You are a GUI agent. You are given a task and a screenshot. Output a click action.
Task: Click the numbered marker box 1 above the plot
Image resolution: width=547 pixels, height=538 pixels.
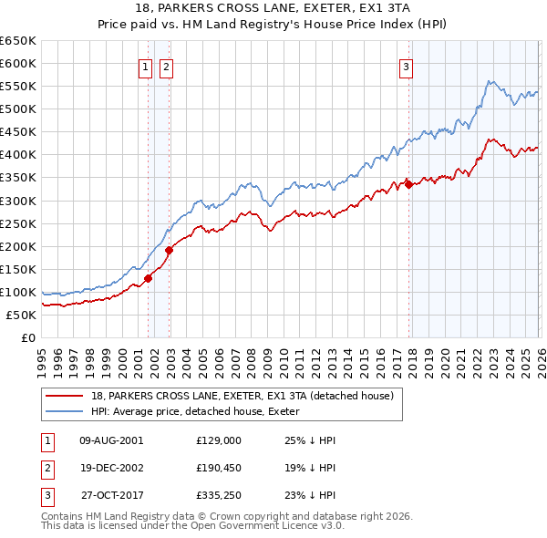[145, 66]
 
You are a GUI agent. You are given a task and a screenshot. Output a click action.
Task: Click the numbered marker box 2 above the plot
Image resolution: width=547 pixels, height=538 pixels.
[167, 66]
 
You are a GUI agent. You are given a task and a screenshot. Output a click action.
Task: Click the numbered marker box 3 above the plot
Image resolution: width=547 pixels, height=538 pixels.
[406, 66]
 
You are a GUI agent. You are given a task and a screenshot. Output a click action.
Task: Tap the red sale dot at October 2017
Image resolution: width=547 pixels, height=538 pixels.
[408, 185]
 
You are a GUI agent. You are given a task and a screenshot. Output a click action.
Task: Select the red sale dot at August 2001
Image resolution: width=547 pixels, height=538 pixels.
[148, 279]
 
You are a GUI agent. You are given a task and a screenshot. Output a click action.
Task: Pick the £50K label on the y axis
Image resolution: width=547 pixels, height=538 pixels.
[21, 316]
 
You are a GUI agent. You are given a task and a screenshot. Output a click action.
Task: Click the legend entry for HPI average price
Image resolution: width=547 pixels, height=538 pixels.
[201, 411]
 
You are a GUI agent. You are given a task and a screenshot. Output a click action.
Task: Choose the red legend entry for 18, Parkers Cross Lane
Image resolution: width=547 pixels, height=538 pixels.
[242, 396]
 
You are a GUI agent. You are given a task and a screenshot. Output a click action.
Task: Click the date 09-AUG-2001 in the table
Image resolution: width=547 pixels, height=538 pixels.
[111, 440]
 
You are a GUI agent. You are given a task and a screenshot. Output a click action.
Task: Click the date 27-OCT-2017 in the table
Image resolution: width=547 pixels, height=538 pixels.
[111, 495]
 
